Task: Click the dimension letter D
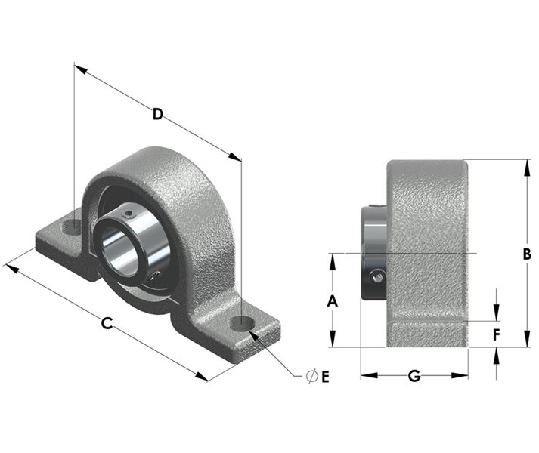click(157, 114)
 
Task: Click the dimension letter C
click(107, 323)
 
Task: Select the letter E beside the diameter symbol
click(325, 377)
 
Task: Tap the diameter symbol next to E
click(311, 377)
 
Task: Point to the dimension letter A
click(332, 301)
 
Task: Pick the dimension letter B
click(527, 254)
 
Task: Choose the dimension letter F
click(496, 335)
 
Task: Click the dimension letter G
click(414, 376)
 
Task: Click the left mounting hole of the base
click(72, 226)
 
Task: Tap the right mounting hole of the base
click(243, 324)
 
